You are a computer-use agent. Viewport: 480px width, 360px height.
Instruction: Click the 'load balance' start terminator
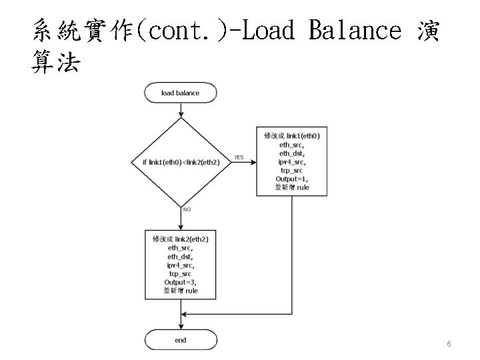181,93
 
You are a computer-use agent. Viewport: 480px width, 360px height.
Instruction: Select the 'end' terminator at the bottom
181,340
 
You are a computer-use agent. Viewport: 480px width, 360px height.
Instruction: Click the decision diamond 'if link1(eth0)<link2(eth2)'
181,162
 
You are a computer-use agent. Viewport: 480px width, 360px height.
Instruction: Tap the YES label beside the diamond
239,157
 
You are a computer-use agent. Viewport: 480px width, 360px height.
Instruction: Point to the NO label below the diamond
187,209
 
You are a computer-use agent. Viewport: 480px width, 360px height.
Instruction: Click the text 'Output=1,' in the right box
292,179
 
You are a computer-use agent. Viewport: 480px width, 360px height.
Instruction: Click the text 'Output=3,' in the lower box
181,282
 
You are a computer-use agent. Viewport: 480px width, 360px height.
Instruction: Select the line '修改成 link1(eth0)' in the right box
292,135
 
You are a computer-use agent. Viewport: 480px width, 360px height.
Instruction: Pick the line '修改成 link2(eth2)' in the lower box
181,239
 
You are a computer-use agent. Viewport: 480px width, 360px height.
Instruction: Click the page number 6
449,344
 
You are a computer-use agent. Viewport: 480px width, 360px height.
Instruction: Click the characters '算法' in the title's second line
56,63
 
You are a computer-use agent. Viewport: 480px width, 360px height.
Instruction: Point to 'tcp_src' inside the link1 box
292,170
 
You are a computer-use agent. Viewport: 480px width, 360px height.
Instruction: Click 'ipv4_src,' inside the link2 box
181,265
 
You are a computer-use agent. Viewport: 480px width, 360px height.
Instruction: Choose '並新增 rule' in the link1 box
292,188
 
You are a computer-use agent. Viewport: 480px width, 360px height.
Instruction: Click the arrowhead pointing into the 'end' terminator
181,327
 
